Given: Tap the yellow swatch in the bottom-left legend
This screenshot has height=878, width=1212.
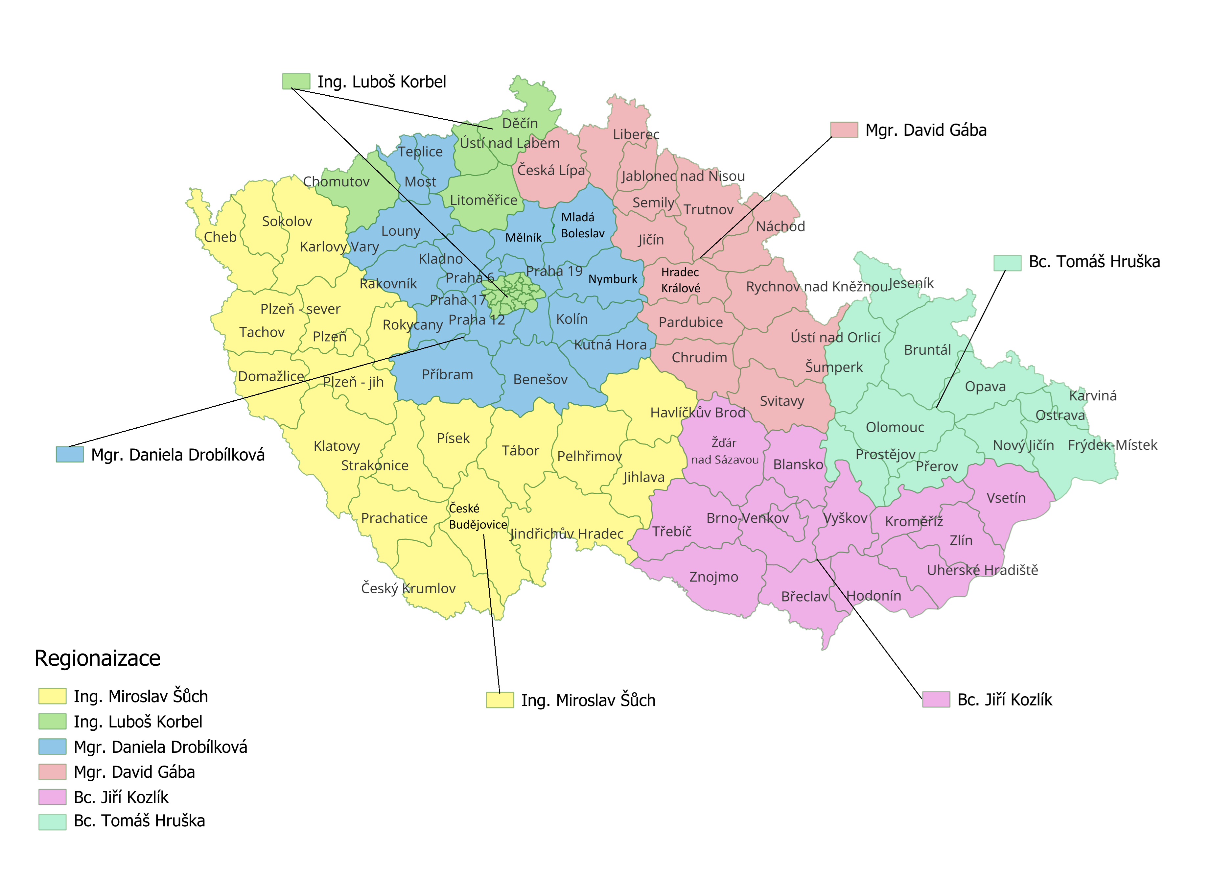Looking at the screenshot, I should point(52,696).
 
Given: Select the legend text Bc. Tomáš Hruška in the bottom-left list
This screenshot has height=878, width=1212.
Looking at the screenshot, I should point(139,821).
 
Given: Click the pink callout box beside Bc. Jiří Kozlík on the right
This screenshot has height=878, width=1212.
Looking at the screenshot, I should point(936,700).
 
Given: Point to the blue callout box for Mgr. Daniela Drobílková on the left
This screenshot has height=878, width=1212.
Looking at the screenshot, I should point(70,455).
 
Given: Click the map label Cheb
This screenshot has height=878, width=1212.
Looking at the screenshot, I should point(220,237).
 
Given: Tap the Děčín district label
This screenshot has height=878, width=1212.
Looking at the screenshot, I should point(520,124).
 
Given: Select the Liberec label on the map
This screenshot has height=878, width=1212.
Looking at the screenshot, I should point(636,135).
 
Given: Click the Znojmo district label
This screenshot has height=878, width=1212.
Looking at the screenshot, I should point(713,577).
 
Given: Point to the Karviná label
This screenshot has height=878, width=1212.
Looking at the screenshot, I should point(1093,396).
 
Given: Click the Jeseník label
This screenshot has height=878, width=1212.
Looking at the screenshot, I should point(911,284).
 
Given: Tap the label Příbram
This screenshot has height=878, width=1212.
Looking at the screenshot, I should point(447,375).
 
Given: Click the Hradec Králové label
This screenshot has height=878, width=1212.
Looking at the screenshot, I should point(680,280).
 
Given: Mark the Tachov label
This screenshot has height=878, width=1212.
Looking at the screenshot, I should point(262,332).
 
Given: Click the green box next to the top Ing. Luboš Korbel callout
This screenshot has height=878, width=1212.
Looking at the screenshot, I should point(296,81).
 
